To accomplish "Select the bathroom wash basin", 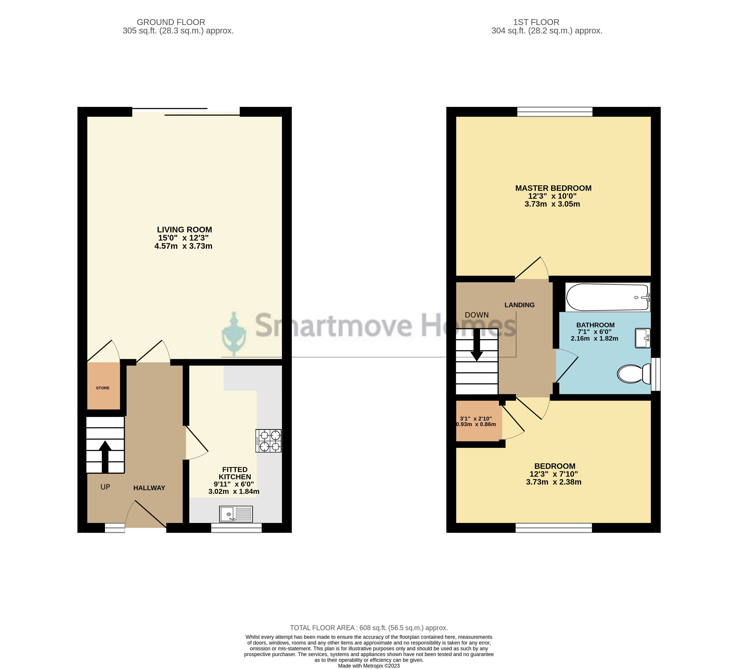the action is (x=642, y=338).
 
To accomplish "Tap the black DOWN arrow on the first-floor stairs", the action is (x=477, y=345).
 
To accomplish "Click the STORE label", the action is (x=103, y=388).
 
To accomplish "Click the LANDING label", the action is (x=519, y=305).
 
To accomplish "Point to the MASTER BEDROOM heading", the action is (x=553, y=188).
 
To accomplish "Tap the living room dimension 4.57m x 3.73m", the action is (x=184, y=246).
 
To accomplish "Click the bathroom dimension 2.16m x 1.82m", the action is (x=594, y=338).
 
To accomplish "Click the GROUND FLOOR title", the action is (x=171, y=22).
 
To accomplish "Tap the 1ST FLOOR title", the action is (x=536, y=22).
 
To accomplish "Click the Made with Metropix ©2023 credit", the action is (x=369, y=666).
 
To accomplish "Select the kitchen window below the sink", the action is (x=237, y=528).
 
